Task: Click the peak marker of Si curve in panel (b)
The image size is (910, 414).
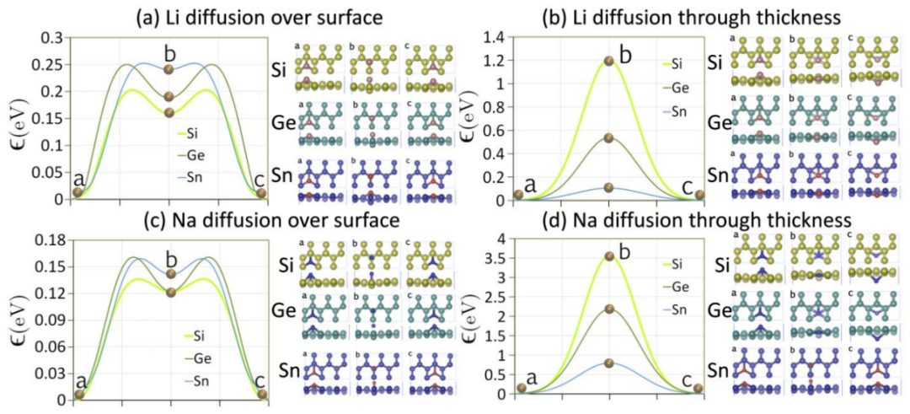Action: (609, 61)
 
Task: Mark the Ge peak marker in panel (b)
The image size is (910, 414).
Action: (609, 137)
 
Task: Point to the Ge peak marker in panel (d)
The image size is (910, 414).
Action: (609, 309)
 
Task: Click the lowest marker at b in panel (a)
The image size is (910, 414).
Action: (169, 112)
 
